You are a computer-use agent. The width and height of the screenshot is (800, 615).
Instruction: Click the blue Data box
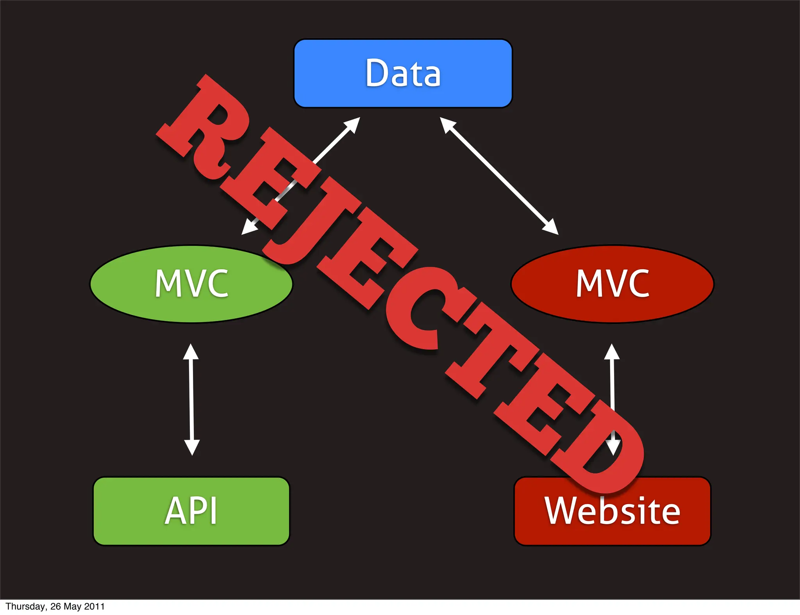pyautogui.click(x=403, y=73)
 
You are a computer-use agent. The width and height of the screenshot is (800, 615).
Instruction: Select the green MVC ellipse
pyautogui.click(x=191, y=284)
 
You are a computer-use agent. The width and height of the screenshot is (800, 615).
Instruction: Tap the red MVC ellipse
pyautogui.click(x=612, y=284)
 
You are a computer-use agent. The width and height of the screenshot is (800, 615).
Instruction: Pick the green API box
pyautogui.click(x=191, y=511)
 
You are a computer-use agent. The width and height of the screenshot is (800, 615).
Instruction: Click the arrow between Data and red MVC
pyautogui.click(x=499, y=176)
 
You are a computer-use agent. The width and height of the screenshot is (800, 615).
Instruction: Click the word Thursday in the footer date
pyautogui.click(x=25, y=606)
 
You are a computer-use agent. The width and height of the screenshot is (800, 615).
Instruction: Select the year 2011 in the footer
pyautogui.click(x=94, y=606)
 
